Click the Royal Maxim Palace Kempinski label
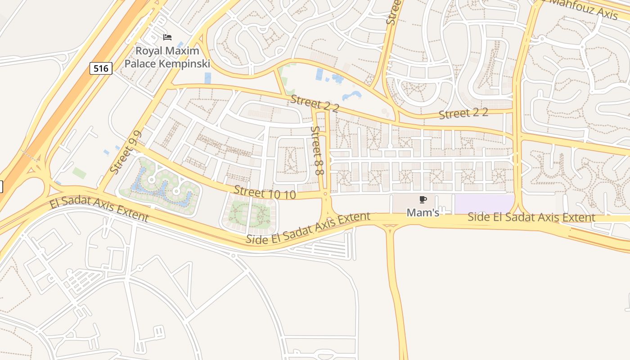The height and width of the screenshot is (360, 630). [167, 57]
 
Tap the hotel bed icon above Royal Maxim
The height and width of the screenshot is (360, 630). [167, 37]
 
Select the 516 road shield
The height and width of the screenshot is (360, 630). [101, 68]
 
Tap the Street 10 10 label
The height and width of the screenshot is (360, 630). [265, 193]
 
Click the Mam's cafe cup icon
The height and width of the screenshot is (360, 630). [423, 199]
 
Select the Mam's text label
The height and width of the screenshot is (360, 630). [423, 212]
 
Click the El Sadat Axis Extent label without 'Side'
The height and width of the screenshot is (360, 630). [99, 209]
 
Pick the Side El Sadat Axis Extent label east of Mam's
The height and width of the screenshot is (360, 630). [531, 217]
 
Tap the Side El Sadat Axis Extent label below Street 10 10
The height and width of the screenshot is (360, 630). [308, 228]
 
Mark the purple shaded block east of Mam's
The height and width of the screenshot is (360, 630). [484, 204]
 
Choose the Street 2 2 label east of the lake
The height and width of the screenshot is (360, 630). [463, 113]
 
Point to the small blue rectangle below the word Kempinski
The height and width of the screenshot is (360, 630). [207, 78]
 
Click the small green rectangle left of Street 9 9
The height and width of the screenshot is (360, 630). [79, 173]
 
